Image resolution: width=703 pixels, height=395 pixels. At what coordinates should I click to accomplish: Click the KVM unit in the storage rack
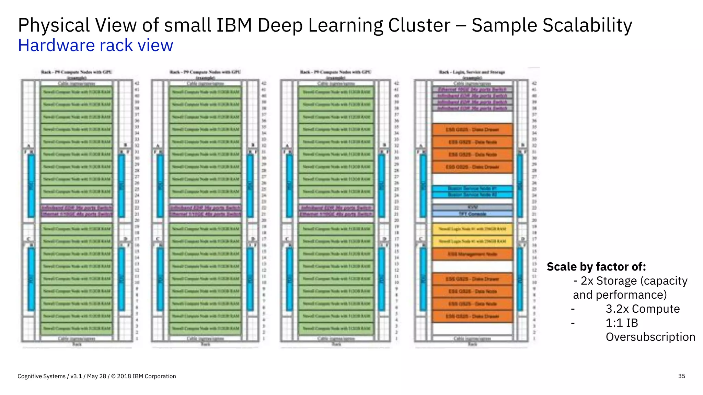[x=472, y=207]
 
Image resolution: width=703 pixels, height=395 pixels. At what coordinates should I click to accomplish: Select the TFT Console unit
[x=472, y=214]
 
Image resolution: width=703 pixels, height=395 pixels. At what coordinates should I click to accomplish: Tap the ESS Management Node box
[x=472, y=254]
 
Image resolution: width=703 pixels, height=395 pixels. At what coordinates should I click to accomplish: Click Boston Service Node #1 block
[x=472, y=189]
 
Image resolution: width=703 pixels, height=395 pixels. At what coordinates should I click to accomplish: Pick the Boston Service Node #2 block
[x=472, y=195]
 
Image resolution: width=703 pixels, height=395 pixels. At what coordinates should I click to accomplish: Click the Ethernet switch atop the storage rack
[x=472, y=89]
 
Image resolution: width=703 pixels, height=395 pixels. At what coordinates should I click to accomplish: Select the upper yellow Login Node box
[x=472, y=229]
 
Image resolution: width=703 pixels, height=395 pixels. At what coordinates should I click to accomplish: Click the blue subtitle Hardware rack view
[x=95, y=45]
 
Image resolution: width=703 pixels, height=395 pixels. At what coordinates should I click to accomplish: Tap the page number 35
[x=681, y=376]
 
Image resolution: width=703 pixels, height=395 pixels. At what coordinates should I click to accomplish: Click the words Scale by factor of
[x=596, y=266]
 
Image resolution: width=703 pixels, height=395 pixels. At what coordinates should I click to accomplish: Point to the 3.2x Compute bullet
[x=643, y=309]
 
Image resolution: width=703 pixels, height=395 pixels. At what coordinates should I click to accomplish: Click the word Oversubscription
[x=650, y=337]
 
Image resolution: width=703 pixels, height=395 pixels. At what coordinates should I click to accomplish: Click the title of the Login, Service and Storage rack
[x=472, y=72]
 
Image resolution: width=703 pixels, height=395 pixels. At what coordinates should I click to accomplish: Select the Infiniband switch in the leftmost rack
[x=77, y=208]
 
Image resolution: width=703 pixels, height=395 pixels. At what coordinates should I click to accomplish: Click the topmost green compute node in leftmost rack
[x=77, y=92]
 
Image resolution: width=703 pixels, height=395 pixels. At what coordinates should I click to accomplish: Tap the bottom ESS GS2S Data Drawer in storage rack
[x=472, y=316]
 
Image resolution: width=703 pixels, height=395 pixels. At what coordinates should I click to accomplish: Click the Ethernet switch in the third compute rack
[x=336, y=214]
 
